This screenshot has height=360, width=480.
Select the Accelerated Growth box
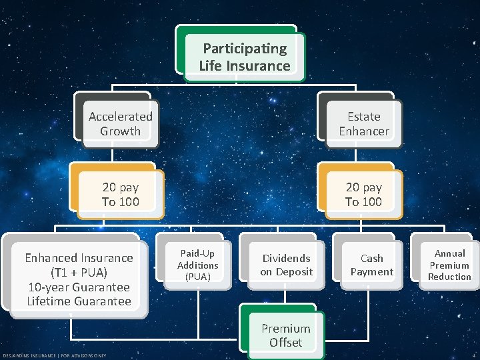point(120,123)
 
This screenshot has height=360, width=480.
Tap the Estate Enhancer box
point(363,123)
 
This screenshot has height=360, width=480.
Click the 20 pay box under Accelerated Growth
point(120,194)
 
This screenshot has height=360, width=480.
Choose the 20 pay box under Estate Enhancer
point(363,194)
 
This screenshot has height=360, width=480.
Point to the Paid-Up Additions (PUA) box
point(197,264)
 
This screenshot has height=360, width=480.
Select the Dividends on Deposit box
point(286,264)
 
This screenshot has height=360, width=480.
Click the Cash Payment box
point(372,264)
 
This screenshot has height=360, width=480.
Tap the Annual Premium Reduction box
point(449,264)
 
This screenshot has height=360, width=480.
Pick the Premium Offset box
point(285,335)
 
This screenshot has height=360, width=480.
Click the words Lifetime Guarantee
point(79,301)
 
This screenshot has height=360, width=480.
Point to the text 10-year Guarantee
point(79,287)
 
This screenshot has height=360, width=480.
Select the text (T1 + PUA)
point(79,273)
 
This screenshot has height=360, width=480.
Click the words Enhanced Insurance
point(79,258)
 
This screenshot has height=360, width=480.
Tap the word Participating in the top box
point(245,48)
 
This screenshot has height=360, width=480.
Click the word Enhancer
point(363,131)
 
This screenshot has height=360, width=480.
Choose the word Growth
point(120,131)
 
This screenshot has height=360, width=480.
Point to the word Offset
point(285,343)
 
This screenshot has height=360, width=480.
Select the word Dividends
point(286,258)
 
